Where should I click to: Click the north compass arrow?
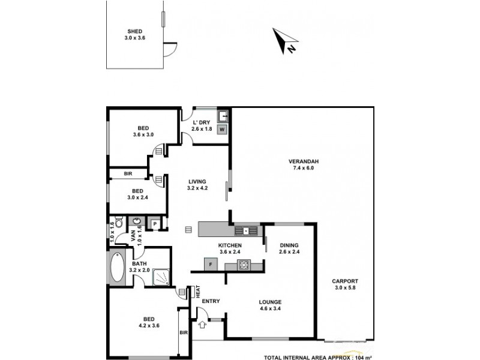[x=283, y=40]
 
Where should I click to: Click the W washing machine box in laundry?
[x=221, y=129]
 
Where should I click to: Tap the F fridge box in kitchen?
[x=210, y=263]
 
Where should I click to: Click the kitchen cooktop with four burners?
[x=245, y=265]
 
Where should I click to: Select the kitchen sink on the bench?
[x=246, y=230]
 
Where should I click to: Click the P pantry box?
[x=154, y=224]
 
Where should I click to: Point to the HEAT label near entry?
[x=197, y=292]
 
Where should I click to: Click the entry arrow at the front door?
[x=202, y=325]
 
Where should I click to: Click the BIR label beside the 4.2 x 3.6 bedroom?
[x=183, y=333]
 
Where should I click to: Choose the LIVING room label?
[x=197, y=181]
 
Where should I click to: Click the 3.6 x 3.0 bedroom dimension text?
[x=143, y=135]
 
